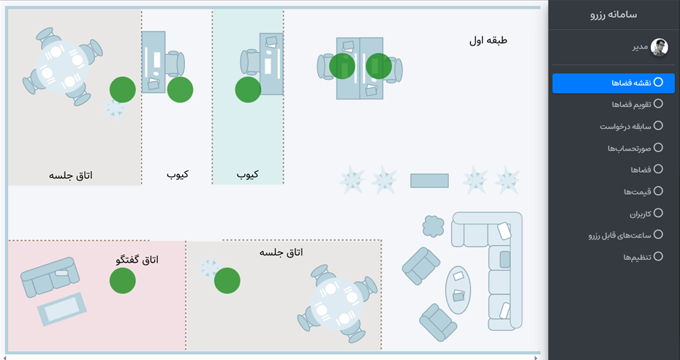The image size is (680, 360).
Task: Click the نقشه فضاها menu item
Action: point(613,83)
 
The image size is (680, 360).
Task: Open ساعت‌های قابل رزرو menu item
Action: point(626,235)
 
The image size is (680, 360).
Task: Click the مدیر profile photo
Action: point(660,48)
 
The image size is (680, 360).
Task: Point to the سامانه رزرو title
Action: point(613,15)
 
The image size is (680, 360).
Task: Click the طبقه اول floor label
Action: point(488,40)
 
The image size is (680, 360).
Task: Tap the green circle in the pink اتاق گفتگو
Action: point(123,281)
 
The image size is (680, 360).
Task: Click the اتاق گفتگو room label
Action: point(137,259)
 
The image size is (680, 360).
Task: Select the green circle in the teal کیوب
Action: point(248,90)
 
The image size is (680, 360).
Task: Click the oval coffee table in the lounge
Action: point(458,290)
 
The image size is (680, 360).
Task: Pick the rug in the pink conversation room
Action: point(62,310)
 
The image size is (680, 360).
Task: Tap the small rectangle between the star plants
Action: point(429,181)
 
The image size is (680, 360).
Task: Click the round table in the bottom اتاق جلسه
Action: point(337,304)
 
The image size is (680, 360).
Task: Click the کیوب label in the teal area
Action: point(248,174)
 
